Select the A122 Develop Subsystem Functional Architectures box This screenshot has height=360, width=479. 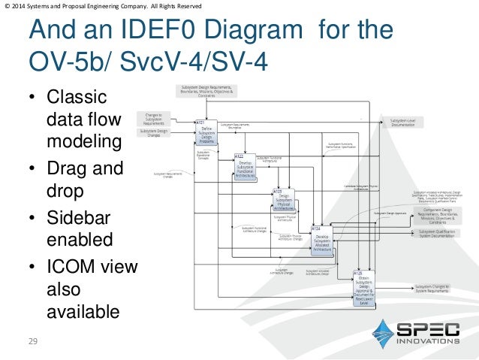pos(245,167)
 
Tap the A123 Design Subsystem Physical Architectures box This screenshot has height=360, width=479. pos(285,201)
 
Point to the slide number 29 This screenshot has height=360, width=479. pos(32,342)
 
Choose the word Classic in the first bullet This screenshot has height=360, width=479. pos(77,98)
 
